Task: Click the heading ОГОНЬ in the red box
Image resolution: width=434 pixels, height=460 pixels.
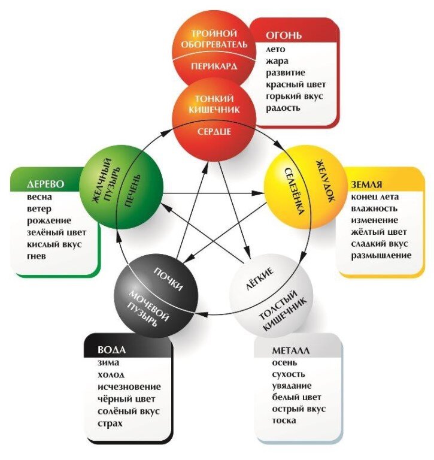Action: [x=284, y=35]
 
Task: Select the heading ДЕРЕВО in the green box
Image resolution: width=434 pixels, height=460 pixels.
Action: [x=45, y=183]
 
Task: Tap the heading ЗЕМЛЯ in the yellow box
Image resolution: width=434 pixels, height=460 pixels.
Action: [x=367, y=184]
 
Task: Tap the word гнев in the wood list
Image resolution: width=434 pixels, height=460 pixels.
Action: [x=37, y=256]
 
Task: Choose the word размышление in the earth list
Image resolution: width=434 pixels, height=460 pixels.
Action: [x=381, y=256]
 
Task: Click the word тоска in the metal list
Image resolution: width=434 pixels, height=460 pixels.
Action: [x=284, y=420]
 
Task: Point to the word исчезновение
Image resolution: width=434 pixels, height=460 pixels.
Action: [x=129, y=387]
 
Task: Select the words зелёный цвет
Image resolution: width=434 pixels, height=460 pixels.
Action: [x=57, y=232]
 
